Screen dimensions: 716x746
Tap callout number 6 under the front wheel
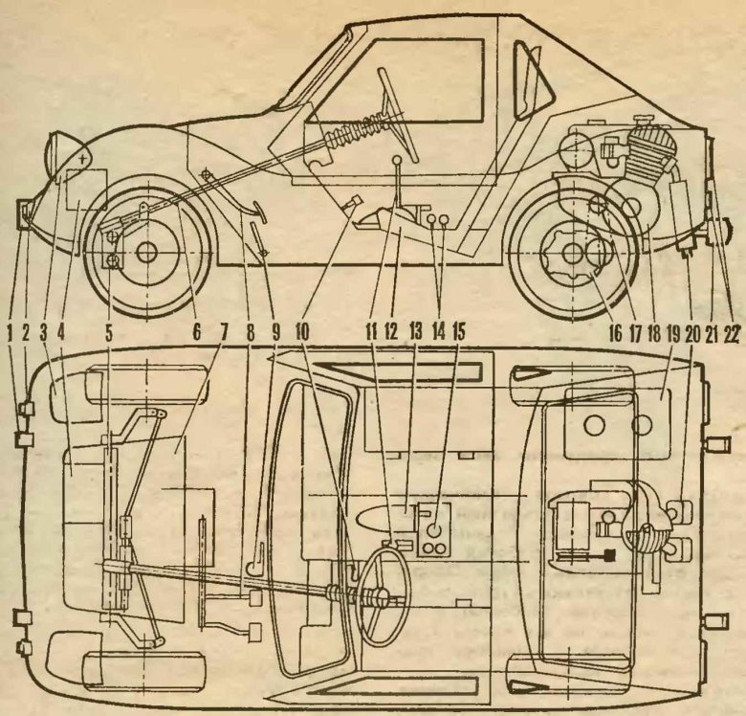pyautogui.click(x=198, y=335)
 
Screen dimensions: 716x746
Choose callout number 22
pyautogui.click(x=734, y=335)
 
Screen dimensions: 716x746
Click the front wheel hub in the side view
pyautogui.click(x=146, y=253)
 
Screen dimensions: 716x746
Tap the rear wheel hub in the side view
pyautogui.click(x=573, y=254)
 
